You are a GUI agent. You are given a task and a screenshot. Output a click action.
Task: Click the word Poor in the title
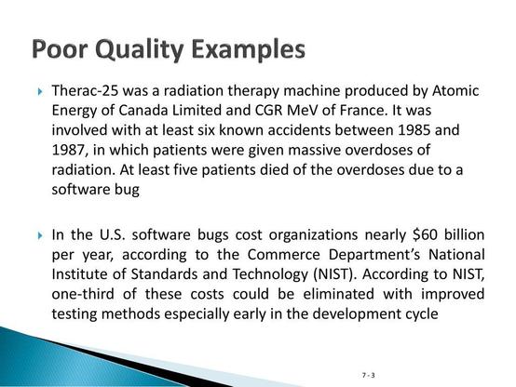pyautogui.click(x=61, y=49)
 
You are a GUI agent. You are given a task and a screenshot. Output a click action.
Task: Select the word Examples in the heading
pyautogui.click(x=248, y=50)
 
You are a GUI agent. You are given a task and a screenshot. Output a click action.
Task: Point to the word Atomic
pyautogui.click(x=455, y=91)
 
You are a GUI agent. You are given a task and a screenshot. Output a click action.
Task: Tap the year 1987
pyautogui.click(x=70, y=151)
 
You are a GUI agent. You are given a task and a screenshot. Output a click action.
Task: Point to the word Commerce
pyautogui.click(x=283, y=255)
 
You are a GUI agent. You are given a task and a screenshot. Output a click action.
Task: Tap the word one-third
pyautogui.click(x=83, y=294)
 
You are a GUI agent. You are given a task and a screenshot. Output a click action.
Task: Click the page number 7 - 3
pyautogui.click(x=368, y=375)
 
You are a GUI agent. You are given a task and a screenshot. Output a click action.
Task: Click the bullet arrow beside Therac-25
pyautogui.click(x=40, y=91)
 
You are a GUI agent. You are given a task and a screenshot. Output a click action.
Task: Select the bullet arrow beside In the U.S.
pyautogui.click(x=40, y=235)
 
